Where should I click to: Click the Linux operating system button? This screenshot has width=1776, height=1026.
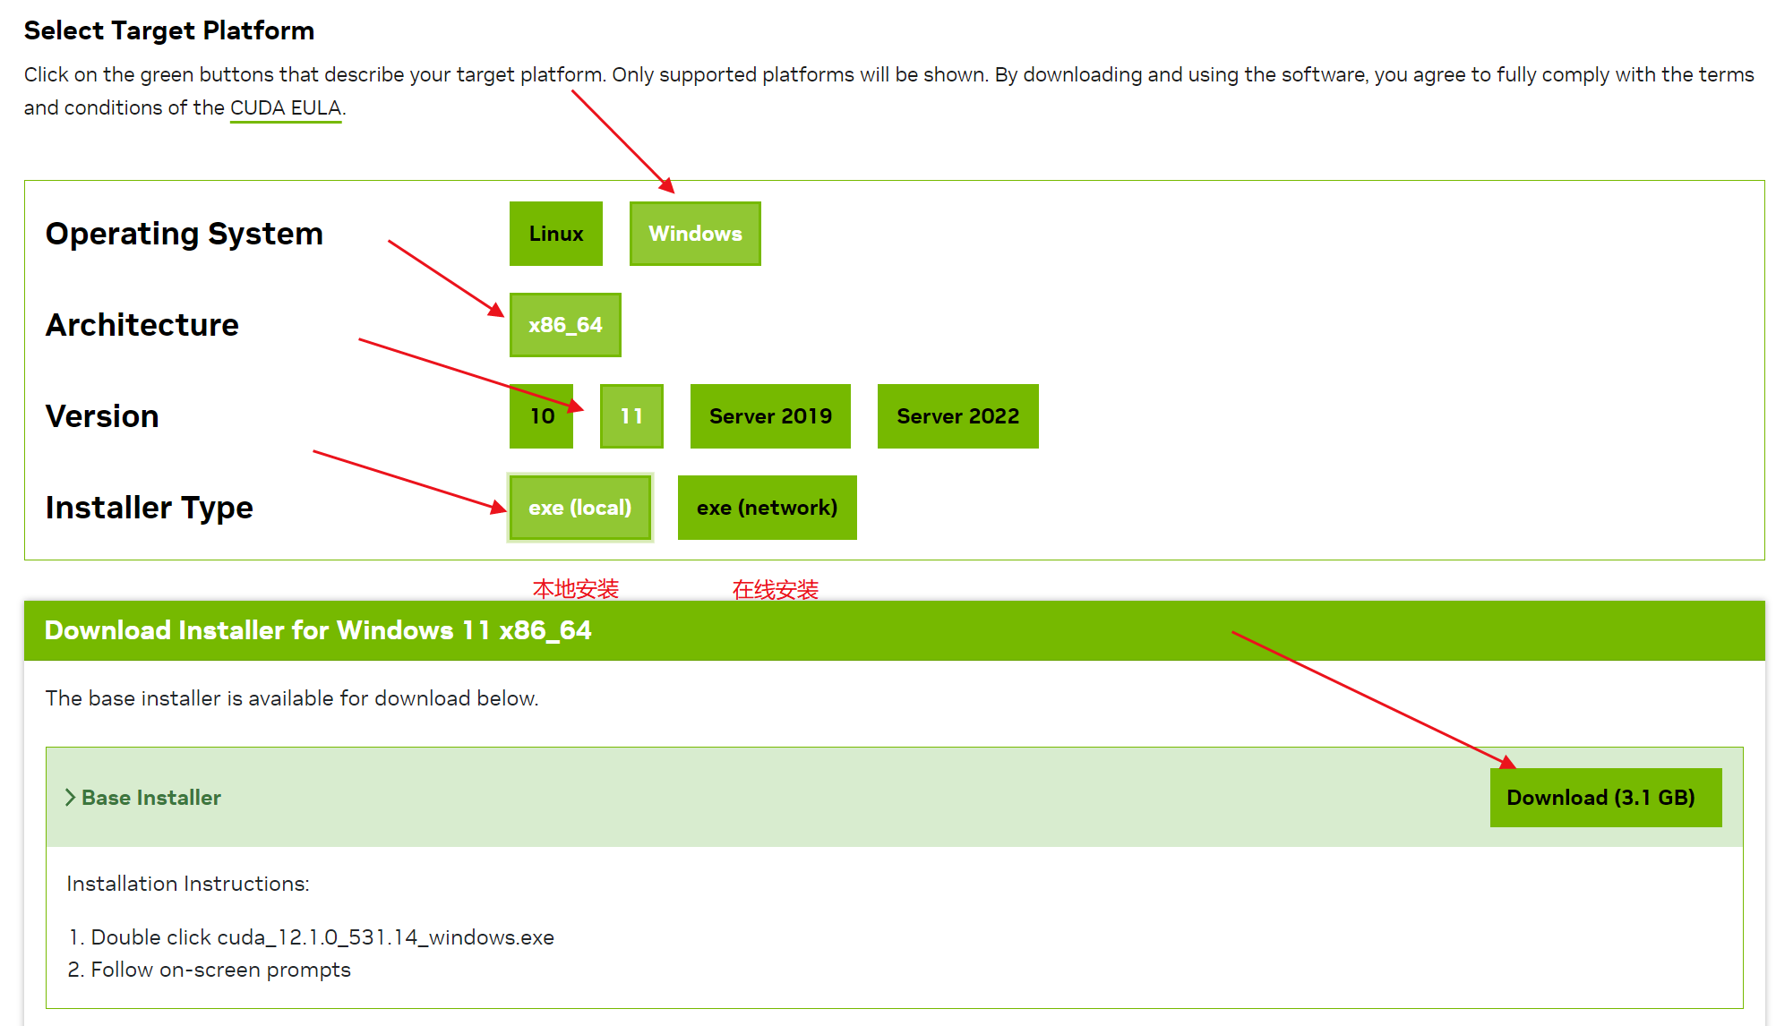[x=555, y=234]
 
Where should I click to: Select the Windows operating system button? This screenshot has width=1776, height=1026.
[x=695, y=234]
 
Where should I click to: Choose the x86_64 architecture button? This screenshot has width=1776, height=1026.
[x=565, y=325]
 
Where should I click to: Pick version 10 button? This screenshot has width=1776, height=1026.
[x=541, y=416]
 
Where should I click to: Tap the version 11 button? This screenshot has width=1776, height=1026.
[x=631, y=416]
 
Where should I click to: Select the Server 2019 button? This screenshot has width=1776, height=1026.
[x=770, y=416]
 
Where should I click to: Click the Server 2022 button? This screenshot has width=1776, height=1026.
[x=957, y=416]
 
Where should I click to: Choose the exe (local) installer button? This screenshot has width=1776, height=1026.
[x=579, y=508]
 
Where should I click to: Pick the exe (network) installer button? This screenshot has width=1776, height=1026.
[x=767, y=508]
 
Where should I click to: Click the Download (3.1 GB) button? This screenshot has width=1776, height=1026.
[x=1605, y=798]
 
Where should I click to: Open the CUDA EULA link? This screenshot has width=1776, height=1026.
[x=286, y=108]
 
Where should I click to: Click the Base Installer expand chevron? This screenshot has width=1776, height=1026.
[x=70, y=798]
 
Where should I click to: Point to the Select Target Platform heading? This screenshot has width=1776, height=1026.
[x=169, y=30]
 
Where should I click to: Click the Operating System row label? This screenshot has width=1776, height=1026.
[x=184, y=234]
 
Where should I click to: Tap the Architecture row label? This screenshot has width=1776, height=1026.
[x=142, y=325]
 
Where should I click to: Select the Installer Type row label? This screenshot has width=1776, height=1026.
[x=150, y=508]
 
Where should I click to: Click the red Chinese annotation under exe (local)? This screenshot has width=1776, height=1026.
[x=576, y=589]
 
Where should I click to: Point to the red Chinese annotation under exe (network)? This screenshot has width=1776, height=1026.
[x=776, y=589]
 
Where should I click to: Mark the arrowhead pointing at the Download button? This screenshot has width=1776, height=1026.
[x=1507, y=762]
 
